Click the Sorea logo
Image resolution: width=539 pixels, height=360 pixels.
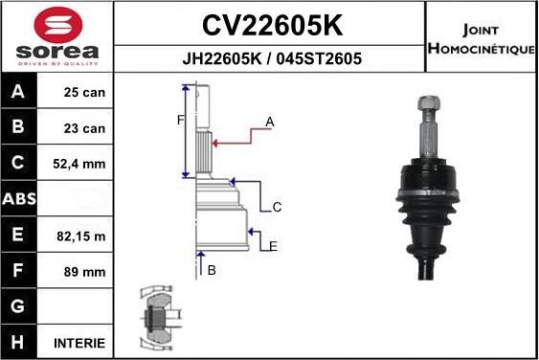(x=56, y=35)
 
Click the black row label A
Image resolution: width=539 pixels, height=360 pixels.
(x=18, y=94)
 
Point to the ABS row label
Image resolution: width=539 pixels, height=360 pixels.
(x=18, y=199)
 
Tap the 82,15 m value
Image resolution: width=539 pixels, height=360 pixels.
(x=81, y=236)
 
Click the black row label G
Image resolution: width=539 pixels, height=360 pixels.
(x=18, y=306)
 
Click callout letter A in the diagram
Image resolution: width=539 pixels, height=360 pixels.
(x=270, y=122)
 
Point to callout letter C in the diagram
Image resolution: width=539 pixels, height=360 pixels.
(x=276, y=207)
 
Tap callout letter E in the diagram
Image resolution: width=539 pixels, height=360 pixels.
(x=273, y=246)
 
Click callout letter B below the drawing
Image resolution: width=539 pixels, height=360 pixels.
(x=211, y=270)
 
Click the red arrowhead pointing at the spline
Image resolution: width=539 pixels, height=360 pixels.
(x=215, y=144)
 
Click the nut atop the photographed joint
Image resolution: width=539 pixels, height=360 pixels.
(x=428, y=101)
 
